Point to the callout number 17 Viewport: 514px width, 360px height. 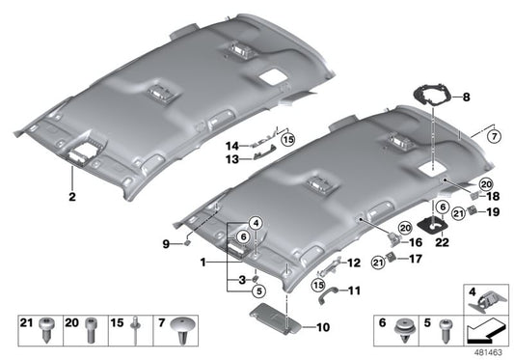tap(418, 259)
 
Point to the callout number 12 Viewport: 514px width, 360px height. tap(354, 263)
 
